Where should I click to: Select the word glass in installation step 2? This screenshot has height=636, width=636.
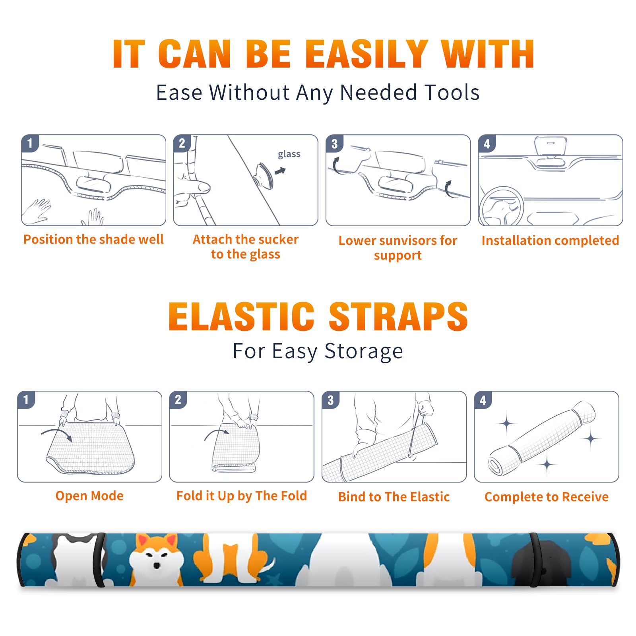click(x=289, y=154)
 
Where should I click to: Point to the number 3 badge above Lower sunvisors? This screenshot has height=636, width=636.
click(x=334, y=143)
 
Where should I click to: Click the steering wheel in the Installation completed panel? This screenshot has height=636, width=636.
click(x=501, y=206)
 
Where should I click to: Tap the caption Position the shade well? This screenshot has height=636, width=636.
click(x=93, y=239)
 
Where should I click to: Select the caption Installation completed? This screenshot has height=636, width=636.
click(x=550, y=240)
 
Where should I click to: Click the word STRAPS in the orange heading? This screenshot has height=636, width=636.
click(x=398, y=316)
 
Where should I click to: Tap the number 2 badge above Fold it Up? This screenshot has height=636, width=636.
click(x=178, y=399)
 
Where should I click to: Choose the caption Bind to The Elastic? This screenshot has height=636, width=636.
click(x=394, y=497)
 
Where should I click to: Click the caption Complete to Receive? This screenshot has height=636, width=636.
click(x=546, y=497)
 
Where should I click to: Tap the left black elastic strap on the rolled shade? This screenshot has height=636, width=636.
click(x=99, y=560)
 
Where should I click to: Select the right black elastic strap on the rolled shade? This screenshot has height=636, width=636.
click(x=534, y=560)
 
